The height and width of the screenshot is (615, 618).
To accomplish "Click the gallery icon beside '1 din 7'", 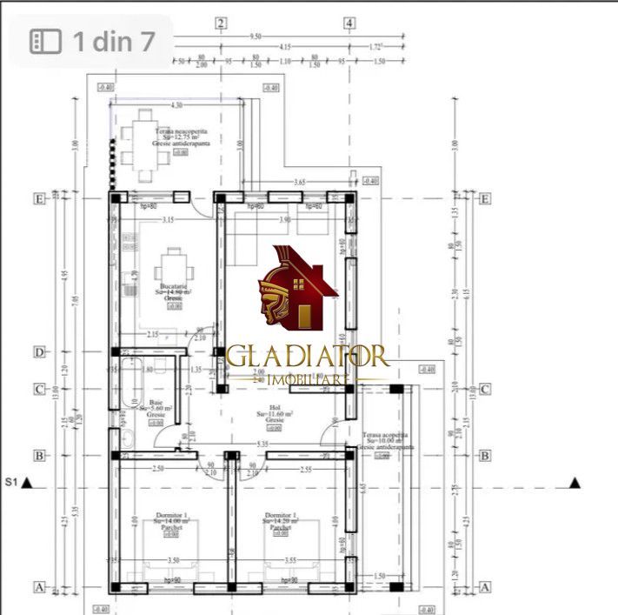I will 44,41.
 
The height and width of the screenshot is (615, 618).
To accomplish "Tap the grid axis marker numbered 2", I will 222,23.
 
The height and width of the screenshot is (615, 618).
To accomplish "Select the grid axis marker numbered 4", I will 349,23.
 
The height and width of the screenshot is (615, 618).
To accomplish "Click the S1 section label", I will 11,482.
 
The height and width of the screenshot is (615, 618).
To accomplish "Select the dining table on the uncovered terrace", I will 146,144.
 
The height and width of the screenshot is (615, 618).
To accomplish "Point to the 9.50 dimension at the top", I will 256,37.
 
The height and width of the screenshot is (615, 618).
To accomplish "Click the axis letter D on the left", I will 38,352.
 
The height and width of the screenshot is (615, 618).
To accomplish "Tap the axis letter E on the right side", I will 485,198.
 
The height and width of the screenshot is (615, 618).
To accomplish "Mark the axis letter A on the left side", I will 38,587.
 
